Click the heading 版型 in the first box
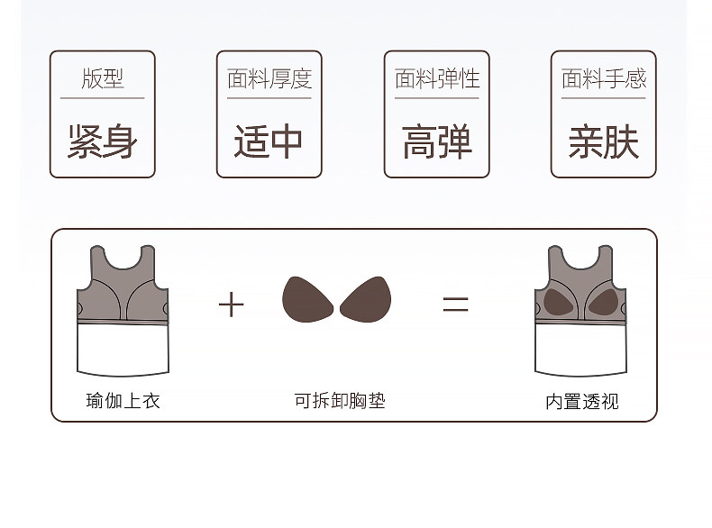tap(102, 79)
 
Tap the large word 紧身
tap(102, 142)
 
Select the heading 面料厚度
tap(269, 79)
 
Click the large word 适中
tap(269, 142)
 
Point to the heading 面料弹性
tap(436, 79)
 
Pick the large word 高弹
tap(436, 142)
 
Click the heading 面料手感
tap(604, 79)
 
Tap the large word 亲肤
tap(604, 142)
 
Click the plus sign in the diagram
tap(232, 305)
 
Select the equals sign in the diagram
tap(455, 305)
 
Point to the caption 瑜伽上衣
tap(123, 401)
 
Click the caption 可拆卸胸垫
tap(339, 401)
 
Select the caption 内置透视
tap(582, 401)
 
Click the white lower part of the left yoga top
tap(123, 347)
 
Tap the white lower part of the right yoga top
tap(580, 347)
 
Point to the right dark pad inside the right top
tap(602, 300)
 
